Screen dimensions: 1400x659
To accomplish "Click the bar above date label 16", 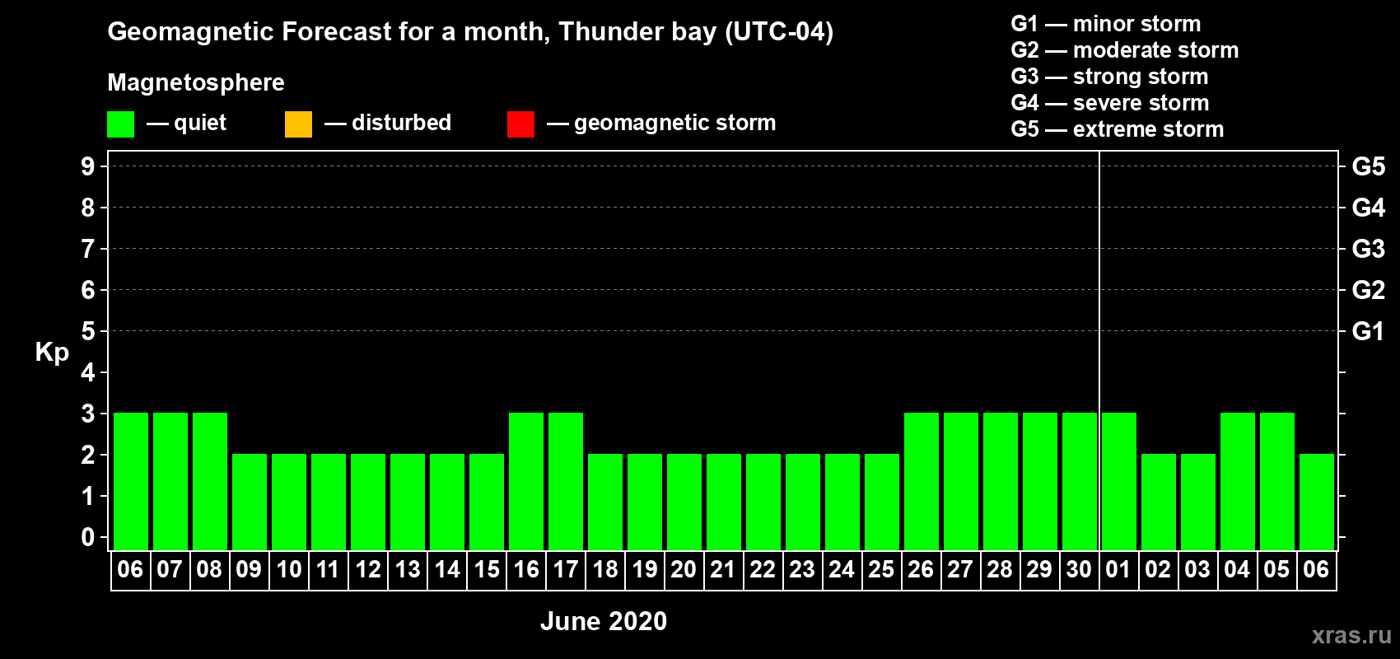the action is coord(526,481).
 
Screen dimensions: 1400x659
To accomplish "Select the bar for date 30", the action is coord(1080,481).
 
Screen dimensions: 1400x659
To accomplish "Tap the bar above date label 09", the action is coord(250,502).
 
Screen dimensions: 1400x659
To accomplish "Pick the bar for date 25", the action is coord(882,502).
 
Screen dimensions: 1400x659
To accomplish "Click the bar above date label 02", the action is coord(1159,502).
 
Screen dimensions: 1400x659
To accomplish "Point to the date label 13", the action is coord(408,569).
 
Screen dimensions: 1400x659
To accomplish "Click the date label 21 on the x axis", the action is coord(723,569).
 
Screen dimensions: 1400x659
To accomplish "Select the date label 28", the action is coord(1000,569).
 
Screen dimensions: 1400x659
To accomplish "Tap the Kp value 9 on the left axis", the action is coord(87,166).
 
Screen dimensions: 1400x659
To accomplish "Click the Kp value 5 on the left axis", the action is coord(87,331).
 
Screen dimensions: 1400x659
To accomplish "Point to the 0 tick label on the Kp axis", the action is coord(87,537).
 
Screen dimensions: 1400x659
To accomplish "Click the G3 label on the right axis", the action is coord(1368,249).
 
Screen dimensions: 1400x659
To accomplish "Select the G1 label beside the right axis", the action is coord(1368,331).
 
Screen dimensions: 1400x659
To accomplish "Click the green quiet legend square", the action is coord(120,124).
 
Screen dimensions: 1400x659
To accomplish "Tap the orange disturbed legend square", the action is coord(298,124).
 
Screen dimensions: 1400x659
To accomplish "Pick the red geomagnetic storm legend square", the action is coord(520,124).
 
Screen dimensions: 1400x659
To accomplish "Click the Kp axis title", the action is coord(52,353).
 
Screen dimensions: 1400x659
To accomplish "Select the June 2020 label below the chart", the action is coord(604,621).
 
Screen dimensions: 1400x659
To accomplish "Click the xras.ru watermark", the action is coord(1351,635).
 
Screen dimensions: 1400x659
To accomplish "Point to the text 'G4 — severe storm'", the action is coord(1110,102).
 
